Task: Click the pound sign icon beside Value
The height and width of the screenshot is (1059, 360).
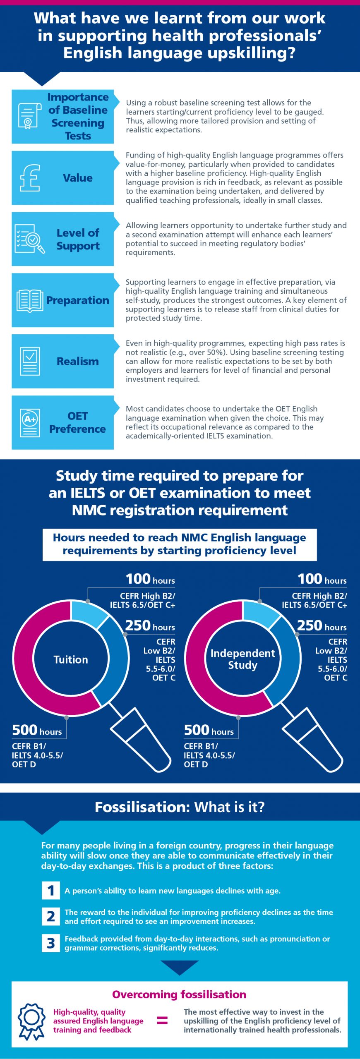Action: [30, 178]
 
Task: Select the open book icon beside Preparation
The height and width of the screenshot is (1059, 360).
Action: [30, 300]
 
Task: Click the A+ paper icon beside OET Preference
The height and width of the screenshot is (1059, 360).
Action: [30, 422]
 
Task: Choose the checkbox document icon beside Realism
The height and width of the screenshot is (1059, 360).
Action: [30, 361]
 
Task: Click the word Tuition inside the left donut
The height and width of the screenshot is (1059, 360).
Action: [71, 659]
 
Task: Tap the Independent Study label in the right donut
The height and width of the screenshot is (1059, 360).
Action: [242, 659]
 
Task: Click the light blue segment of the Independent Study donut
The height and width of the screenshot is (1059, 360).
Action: [261, 612]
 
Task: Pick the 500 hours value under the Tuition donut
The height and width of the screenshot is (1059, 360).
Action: [37, 730]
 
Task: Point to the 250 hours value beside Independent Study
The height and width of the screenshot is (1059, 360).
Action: [322, 625]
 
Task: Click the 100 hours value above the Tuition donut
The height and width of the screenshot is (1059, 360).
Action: [150, 579]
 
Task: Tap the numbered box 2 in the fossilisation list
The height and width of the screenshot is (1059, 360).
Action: [51, 916]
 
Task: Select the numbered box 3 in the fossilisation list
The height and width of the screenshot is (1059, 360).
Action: [51, 943]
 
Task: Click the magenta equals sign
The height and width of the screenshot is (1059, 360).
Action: [162, 1020]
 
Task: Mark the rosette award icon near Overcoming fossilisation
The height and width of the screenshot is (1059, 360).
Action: [31, 1021]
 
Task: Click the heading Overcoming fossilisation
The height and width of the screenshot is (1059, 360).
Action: [179, 994]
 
